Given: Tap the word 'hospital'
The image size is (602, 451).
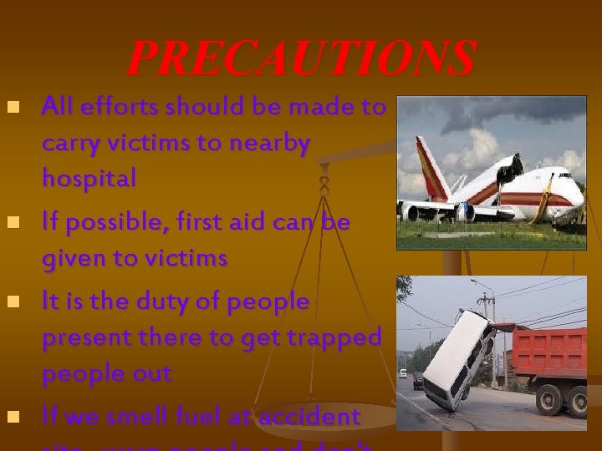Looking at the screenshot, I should pyautogui.click(x=89, y=178).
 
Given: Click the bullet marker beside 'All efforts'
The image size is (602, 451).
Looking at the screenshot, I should pyautogui.click(x=12, y=108).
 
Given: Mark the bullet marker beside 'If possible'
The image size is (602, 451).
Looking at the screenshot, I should pyautogui.click(x=12, y=223).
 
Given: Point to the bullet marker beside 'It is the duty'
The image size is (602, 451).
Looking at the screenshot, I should pyautogui.click(x=12, y=302).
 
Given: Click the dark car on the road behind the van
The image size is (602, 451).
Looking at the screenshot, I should pyautogui.click(x=417, y=381).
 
